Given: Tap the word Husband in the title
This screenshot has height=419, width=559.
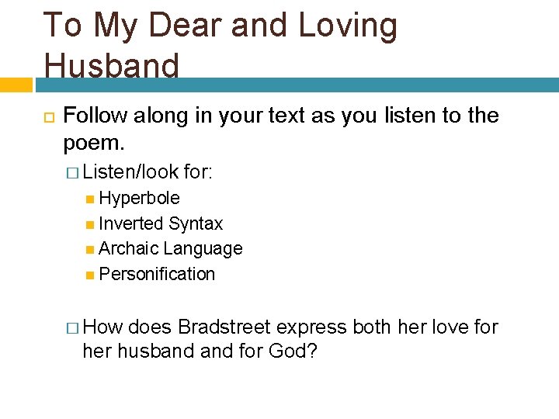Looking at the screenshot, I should pyautogui.click(x=111, y=65).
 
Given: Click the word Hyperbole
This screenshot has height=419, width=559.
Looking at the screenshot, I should pyautogui.click(x=139, y=198).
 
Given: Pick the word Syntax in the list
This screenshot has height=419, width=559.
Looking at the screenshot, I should pyautogui.click(x=196, y=223).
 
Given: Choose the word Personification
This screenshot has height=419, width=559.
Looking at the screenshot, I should pyautogui.click(x=157, y=274).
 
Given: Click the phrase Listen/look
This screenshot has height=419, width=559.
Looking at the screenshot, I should pyautogui.click(x=130, y=171).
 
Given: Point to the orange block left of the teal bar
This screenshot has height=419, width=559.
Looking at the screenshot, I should pyautogui.click(x=16, y=84).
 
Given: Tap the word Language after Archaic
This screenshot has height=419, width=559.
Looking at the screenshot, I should pyautogui.click(x=203, y=249).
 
